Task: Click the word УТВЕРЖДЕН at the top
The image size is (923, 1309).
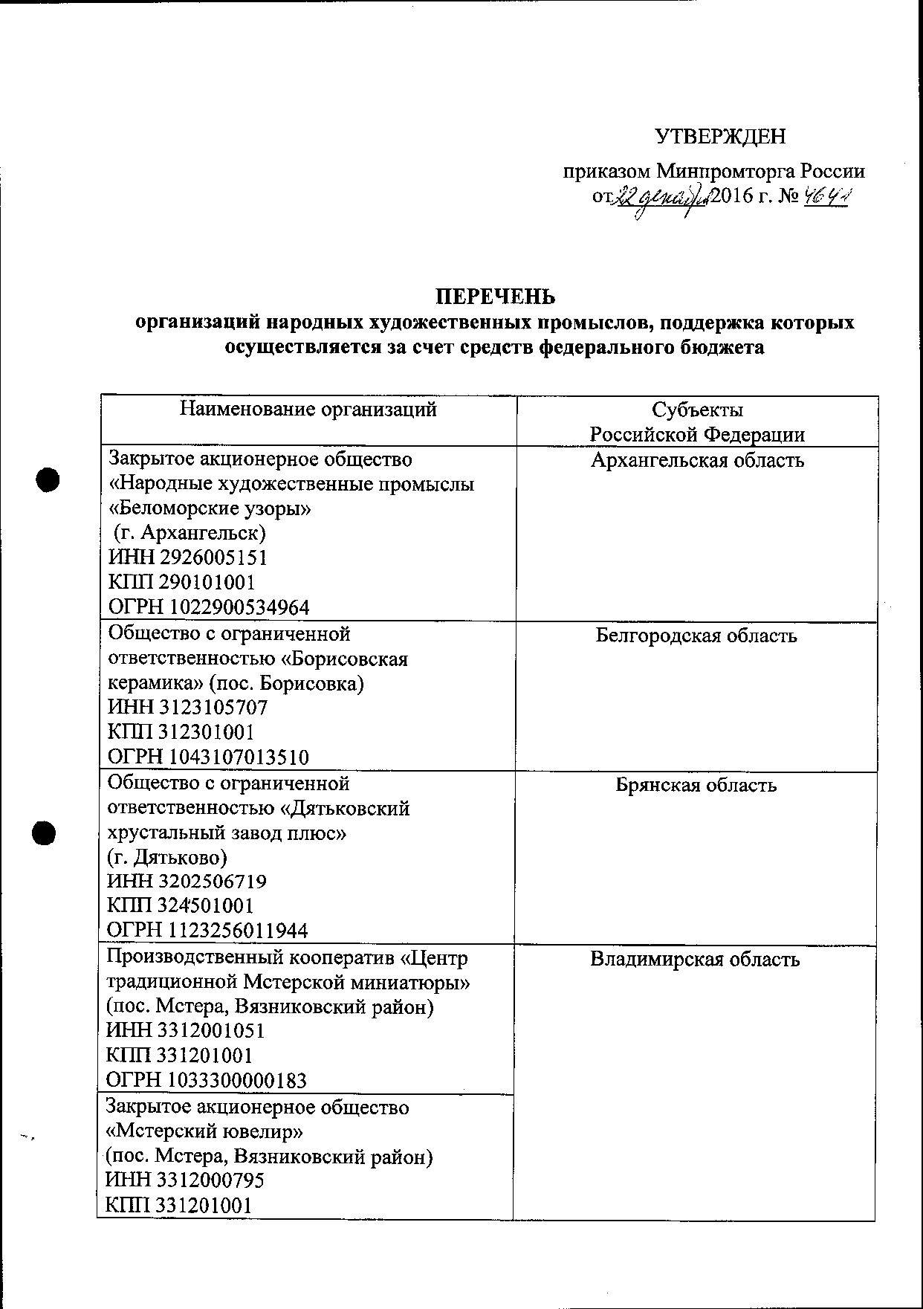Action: coord(720,137)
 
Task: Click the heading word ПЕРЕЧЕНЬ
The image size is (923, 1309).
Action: coord(495,297)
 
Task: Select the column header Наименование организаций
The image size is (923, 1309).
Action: coord(308,409)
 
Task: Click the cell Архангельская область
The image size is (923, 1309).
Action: coord(697,460)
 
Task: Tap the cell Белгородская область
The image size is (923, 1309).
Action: coord(696,636)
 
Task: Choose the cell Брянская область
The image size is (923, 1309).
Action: coord(696,785)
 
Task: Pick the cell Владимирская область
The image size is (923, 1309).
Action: coord(695,959)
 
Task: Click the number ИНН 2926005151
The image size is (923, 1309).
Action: coord(188,557)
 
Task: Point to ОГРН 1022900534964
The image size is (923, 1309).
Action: coord(209,607)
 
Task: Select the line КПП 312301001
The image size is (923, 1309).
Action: coord(182,732)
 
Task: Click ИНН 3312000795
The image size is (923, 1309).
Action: coord(185,1180)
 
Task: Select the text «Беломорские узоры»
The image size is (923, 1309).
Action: coord(210,509)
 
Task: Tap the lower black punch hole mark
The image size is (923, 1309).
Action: coord(44,833)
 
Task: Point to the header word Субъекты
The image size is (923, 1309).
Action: coord(697,410)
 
